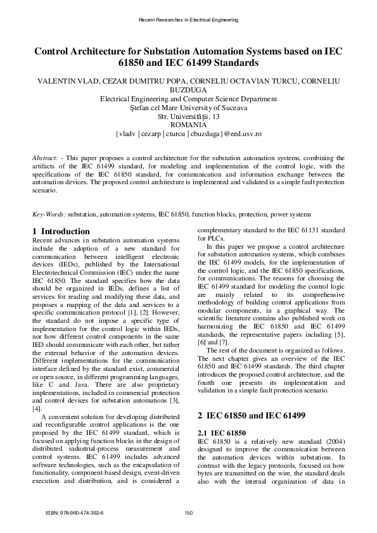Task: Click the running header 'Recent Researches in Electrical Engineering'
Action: tap(188, 20)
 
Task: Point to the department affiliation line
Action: tap(188, 99)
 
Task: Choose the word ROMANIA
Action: tap(188, 125)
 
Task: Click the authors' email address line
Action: tap(188, 134)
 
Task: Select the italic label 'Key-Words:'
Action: tap(49, 215)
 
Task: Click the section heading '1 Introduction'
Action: tap(61, 231)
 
